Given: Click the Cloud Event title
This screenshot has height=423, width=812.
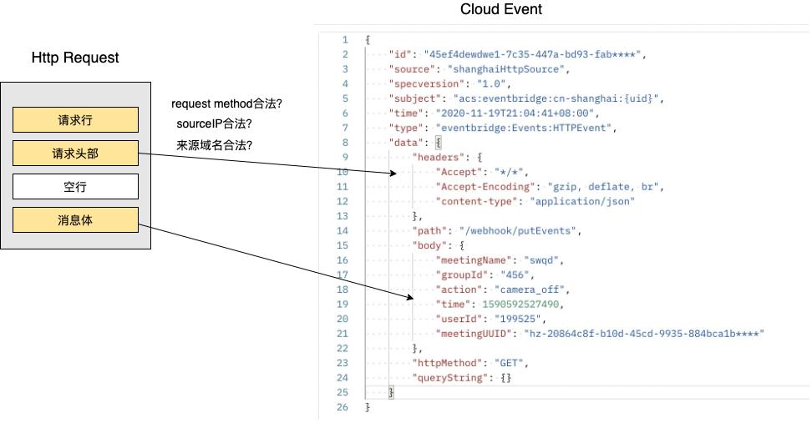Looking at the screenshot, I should click(500, 10).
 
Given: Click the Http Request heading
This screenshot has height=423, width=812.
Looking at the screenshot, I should click(75, 58).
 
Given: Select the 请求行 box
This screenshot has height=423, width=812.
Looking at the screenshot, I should click(75, 120).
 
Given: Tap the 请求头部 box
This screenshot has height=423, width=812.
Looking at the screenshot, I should click(75, 154).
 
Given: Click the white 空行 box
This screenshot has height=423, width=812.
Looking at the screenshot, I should click(75, 187).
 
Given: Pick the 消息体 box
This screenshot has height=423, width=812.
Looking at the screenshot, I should click(75, 220).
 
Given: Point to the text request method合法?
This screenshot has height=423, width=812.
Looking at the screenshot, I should click(226, 104).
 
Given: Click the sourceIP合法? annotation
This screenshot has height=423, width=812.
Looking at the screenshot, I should click(214, 124).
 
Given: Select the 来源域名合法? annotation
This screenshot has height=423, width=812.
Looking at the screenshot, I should click(214, 145).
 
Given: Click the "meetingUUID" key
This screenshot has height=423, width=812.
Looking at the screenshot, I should click(474, 334).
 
